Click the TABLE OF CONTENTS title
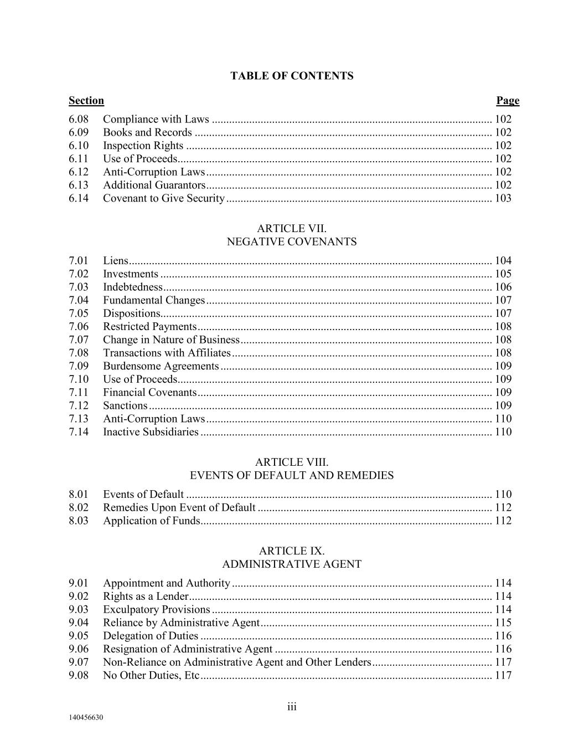[x=292, y=76]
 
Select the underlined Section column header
[x=86, y=101]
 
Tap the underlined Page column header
[x=508, y=101]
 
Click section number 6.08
[x=79, y=119]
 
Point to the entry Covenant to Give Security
[x=164, y=198]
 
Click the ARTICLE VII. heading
[x=292, y=228]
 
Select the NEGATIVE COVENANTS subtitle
[x=292, y=241]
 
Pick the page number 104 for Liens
[x=503, y=260]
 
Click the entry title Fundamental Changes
[x=154, y=300]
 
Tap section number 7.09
[x=79, y=366]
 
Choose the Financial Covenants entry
[x=150, y=393]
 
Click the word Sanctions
[x=125, y=405]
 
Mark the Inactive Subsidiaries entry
[x=151, y=432]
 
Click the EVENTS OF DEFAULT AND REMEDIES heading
[x=292, y=475]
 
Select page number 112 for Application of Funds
[x=503, y=521]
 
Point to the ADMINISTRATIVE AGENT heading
[x=292, y=564]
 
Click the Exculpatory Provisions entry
[x=157, y=609]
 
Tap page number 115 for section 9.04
[x=503, y=623]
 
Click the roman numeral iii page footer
[x=292, y=707]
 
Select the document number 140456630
[x=86, y=718]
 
